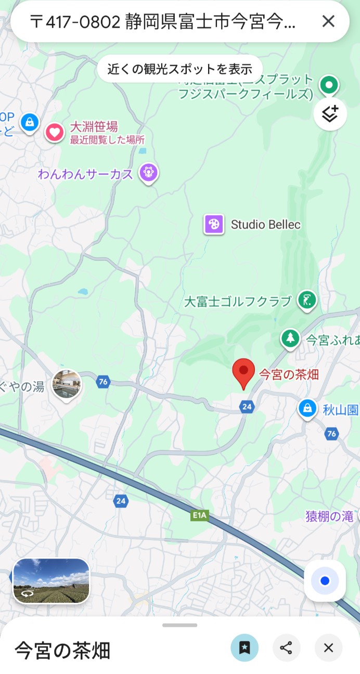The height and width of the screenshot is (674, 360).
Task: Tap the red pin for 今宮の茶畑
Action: [243, 372]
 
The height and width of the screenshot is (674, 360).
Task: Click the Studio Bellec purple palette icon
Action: [214, 225]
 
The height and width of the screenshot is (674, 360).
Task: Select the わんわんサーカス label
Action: [85, 174]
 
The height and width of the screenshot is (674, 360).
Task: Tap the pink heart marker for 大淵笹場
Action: [55, 132]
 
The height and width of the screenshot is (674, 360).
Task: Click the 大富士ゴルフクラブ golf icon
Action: [307, 300]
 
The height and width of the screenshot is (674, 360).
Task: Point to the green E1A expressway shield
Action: [200, 515]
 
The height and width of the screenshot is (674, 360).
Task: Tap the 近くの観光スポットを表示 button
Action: [180, 69]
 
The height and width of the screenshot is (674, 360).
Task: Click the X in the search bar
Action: [328, 21]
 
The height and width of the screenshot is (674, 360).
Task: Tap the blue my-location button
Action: [325, 580]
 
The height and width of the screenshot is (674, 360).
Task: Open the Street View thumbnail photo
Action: [51, 581]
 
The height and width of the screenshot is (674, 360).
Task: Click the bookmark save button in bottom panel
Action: [245, 647]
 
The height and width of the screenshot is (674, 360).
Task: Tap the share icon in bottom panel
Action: [286, 647]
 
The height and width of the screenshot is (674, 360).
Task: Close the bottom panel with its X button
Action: [328, 647]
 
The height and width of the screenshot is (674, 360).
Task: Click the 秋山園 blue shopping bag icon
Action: [308, 408]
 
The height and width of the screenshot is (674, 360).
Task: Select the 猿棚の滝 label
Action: [329, 516]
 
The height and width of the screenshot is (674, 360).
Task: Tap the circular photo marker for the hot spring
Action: [67, 384]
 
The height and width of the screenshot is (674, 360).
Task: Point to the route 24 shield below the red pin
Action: [247, 407]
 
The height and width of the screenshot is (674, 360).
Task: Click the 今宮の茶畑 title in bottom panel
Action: [62, 650]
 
